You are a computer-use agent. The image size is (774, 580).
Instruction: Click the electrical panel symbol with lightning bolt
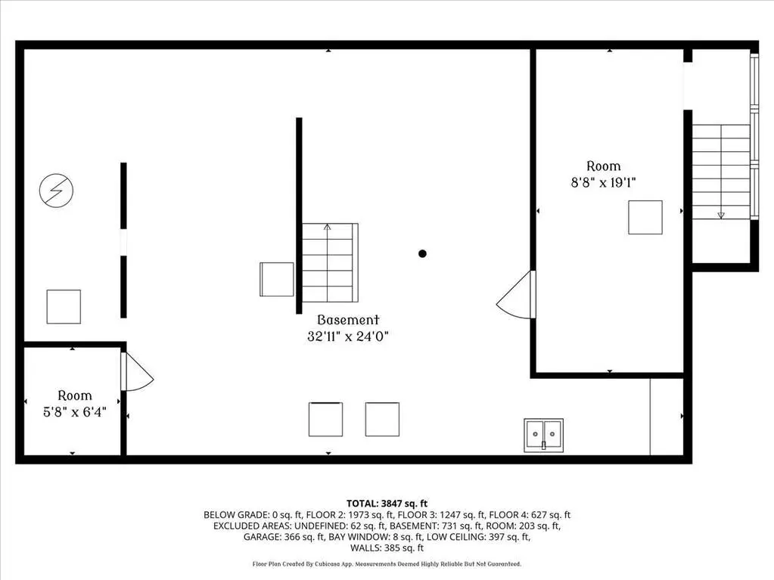(x=56, y=191)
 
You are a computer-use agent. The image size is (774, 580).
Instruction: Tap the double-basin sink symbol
(x=543, y=435)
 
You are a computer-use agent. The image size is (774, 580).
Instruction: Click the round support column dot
(x=422, y=253)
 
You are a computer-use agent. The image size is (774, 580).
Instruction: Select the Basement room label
(x=348, y=320)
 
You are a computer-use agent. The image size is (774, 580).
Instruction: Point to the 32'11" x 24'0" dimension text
(x=348, y=337)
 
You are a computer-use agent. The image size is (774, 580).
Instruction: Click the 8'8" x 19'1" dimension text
(x=603, y=182)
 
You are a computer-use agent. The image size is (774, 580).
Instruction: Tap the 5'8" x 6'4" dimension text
(x=75, y=412)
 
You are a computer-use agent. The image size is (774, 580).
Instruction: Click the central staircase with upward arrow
(x=330, y=262)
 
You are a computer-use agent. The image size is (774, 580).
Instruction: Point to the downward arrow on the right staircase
(x=721, y=215)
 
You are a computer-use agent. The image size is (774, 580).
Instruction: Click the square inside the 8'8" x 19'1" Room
(x=645, y=217)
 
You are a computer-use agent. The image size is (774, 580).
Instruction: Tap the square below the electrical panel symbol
(x=64, y=307)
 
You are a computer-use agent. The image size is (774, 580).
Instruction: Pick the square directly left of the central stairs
(x=276, y=279)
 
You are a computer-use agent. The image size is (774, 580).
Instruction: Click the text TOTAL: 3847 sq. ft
(x=387, y=504)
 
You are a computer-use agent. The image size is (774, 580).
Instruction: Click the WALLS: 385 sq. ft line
(x=387, y=547)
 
